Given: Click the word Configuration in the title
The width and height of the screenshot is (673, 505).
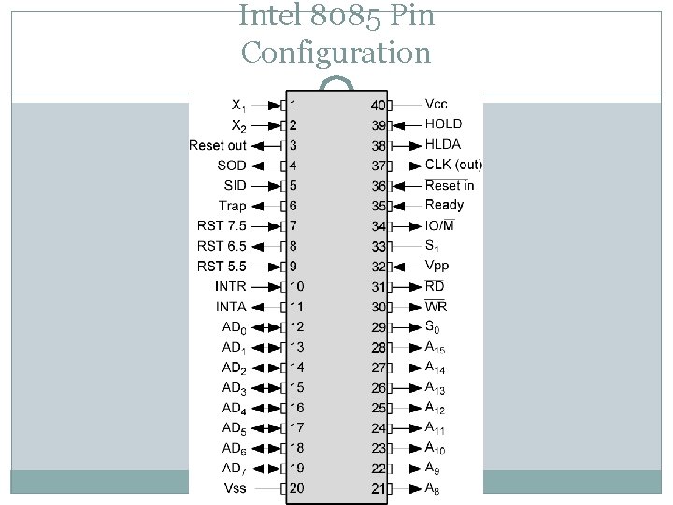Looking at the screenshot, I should pyautogui.click(x=336, y=51).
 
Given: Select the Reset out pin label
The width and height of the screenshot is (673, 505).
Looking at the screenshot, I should pyautogui.click(x=218, y=145).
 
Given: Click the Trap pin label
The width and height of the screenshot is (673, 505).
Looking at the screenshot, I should pyautogui.click(x=233, y=206).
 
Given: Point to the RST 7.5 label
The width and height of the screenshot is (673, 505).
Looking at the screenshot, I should pyautogui.click(x=222, y=226).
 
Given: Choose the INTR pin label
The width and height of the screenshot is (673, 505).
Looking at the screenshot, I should pyautogui.click(x=231, y=286).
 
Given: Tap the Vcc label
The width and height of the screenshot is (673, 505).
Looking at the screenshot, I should pyautogui.click(x=436, y=104).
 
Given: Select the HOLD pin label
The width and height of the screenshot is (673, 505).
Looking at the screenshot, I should pyautogui.click(x=443, y=124).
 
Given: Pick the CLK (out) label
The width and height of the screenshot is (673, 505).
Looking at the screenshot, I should pyautogui.click(x=453, y=165).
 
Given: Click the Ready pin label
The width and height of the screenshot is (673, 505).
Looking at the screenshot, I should pyautogui.click(x=444, y=205).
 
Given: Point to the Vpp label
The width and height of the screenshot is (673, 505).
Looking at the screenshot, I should pyautogui.click(x=437, y=266).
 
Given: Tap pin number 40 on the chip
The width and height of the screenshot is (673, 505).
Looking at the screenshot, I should pyautogui.click(x=378, y=105).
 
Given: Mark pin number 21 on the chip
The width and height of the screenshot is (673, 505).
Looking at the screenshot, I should pyautogui.click(x=378, y=488).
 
